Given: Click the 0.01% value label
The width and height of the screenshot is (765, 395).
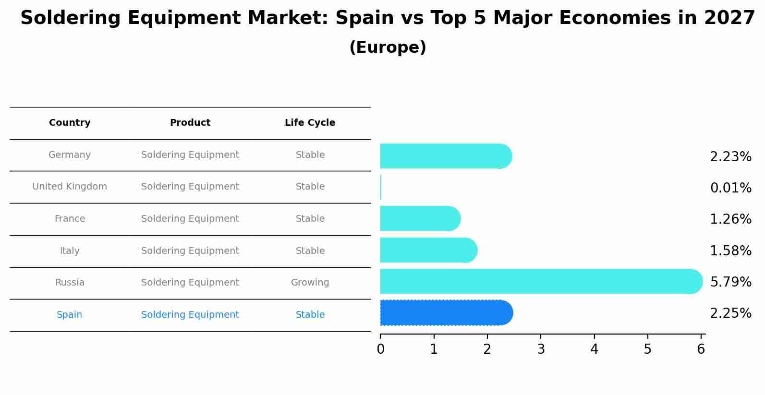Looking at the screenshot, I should tap(730, 188).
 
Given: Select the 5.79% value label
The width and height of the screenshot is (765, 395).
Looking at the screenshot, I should tap(730, 282).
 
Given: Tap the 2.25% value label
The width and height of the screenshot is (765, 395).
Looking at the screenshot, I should tap(730, 313).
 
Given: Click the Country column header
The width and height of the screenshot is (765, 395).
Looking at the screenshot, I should tap(70, 123).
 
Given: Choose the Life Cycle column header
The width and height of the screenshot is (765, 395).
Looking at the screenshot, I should tap(310, 123).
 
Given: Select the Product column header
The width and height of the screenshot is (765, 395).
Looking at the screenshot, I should tap(190, 123).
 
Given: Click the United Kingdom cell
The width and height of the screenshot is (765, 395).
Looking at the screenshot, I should tap(70, 187).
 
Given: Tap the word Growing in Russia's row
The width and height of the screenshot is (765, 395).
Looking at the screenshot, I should tap(310, 283).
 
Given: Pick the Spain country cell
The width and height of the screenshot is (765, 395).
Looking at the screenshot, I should tap(70, 315).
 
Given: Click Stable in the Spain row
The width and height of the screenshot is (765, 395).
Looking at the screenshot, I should tap(310, 315).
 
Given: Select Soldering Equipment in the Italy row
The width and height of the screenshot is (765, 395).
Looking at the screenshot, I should tap(190, 251).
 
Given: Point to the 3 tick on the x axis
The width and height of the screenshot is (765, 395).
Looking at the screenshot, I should tap(541, 349).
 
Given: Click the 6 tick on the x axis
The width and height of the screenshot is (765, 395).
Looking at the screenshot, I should tap(701, 349).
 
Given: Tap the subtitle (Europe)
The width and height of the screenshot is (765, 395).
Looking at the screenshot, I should tap(388, 48).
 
